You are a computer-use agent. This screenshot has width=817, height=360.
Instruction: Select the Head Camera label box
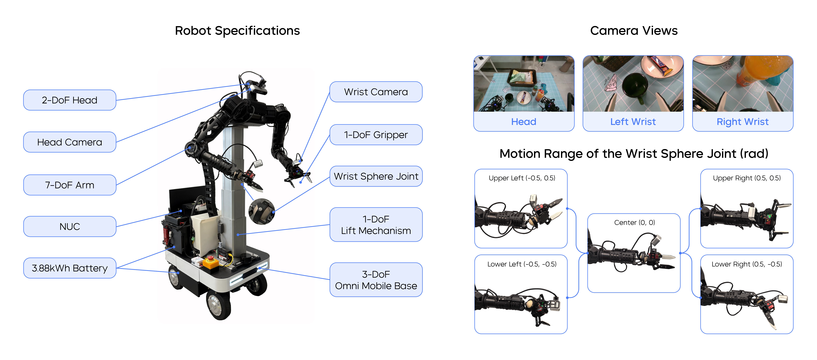click(69, 142)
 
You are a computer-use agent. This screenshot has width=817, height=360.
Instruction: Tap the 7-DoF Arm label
click(69, 185)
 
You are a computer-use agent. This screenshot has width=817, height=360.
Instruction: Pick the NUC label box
click(69, 226)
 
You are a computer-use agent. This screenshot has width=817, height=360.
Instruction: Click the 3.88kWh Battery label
click(69, 268)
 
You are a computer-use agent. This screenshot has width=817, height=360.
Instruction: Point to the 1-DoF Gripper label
click(376, 135)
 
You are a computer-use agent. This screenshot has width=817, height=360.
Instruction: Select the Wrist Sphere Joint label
click(376, 176)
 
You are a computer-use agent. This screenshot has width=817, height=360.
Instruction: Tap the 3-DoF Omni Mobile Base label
click(376, 280)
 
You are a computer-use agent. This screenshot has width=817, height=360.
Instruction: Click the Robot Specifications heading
click(237, 31)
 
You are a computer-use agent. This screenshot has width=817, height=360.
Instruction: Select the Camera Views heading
click(634, 31)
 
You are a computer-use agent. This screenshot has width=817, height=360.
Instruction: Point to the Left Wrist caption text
click(633, 122)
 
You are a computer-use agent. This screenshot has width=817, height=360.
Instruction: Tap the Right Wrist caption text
click(742, 122)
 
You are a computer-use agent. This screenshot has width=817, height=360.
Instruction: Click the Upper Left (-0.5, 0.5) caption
click(522, 178)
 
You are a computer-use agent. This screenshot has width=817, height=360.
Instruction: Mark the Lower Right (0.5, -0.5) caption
click(747, 264)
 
